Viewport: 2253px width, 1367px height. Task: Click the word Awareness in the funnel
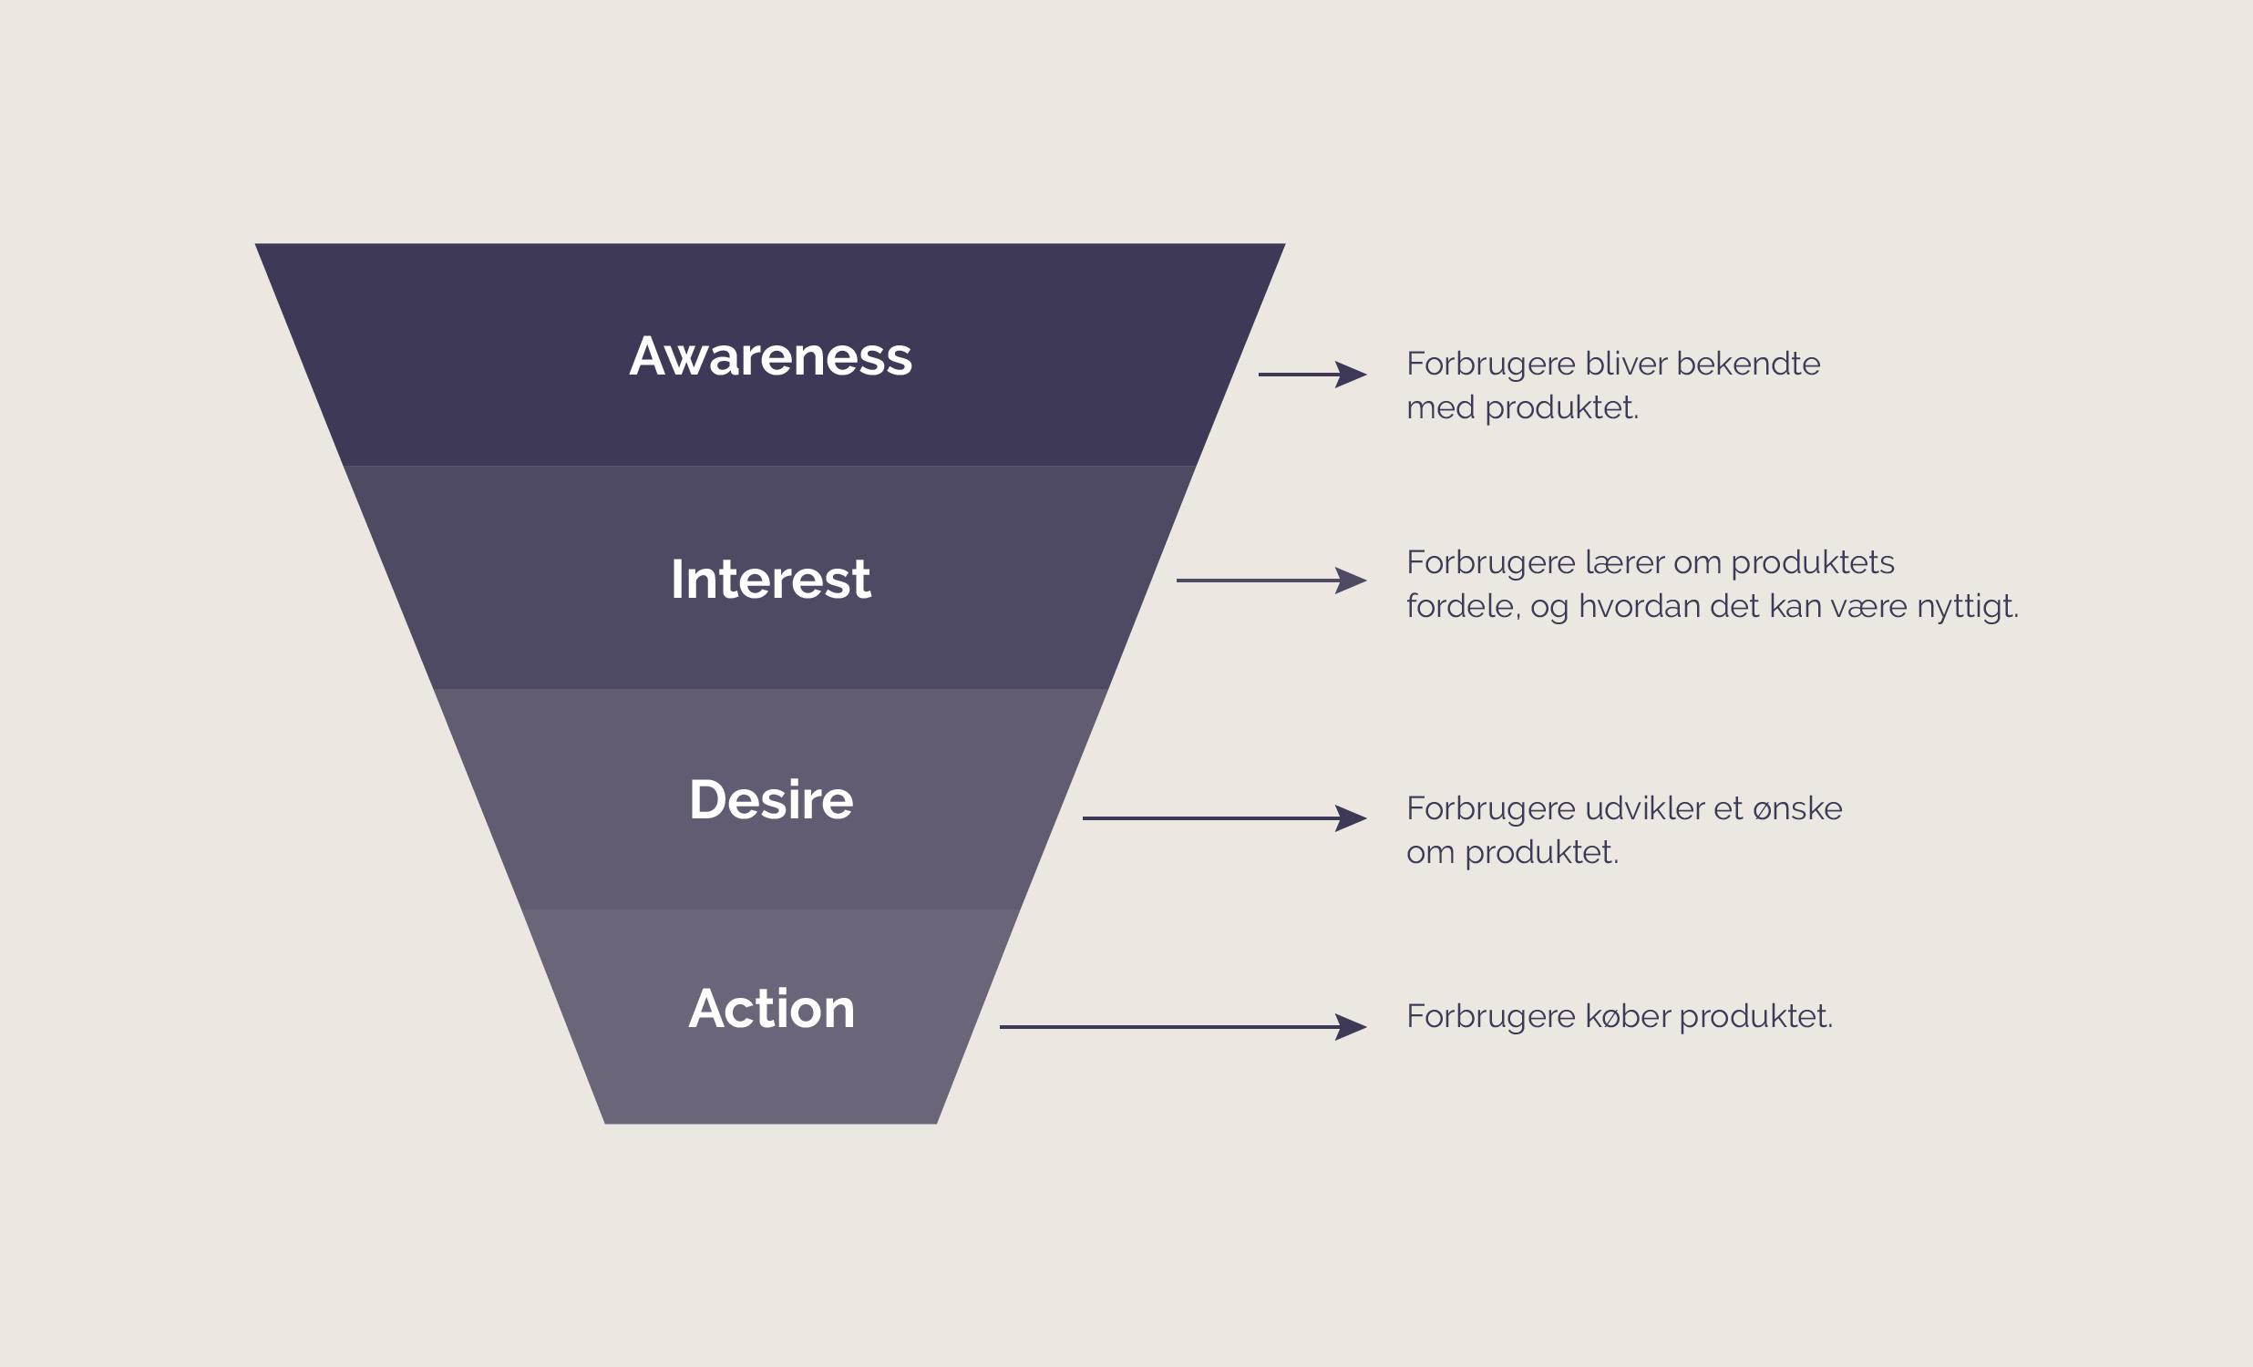pos(770,356)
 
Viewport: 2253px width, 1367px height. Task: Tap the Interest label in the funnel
pos(770,579)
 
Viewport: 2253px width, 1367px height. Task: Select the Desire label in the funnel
pos(770,800)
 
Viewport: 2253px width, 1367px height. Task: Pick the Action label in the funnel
pos(771,1009)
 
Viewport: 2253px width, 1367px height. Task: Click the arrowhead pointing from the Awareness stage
pos(1352,374)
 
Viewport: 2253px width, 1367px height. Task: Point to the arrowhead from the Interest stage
pos(1352,580)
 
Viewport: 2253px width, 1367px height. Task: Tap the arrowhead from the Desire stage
pos(1352,817)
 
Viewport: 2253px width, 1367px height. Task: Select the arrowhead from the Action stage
pos(1352,1026)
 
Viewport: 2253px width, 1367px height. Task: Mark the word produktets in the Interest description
pos(1812,563)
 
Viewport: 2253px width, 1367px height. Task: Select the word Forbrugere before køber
pos(1490,1017)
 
